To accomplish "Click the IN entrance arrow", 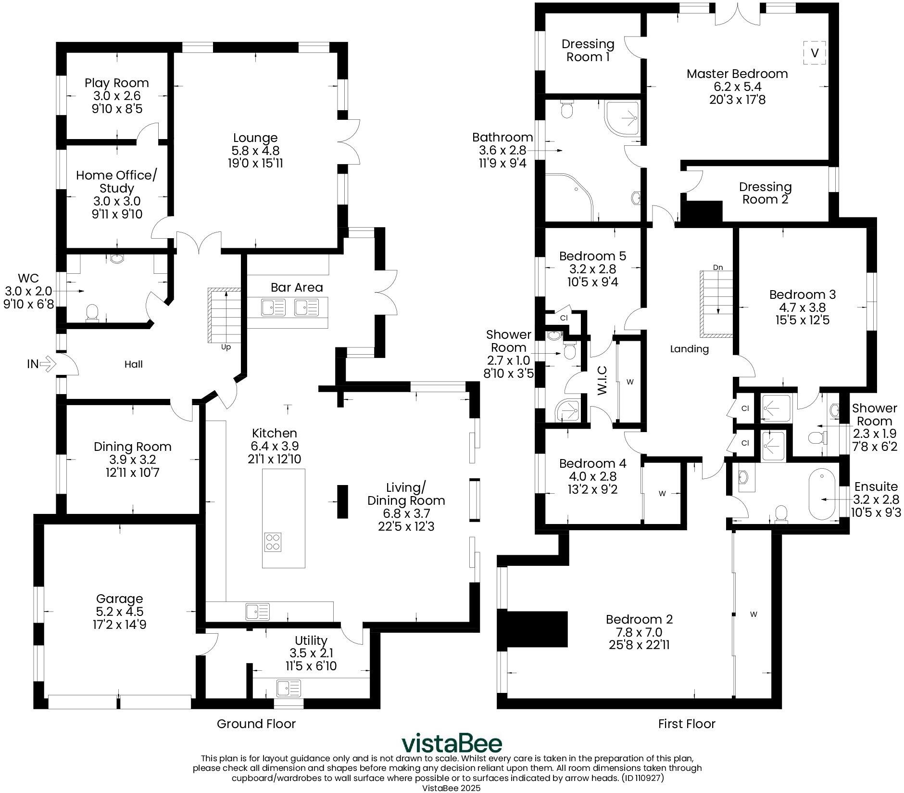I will click(x=47, y=364).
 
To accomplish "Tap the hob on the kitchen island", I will click(x=273, y=542).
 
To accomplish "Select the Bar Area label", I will click(x=297, y=287).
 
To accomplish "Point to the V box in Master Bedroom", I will click(x=814, y=52).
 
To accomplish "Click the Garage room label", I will click(x=119, y=599).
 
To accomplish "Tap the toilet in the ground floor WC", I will click(x=91, y=313).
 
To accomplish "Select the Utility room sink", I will click(x=289, y=686).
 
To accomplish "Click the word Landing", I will click(x=689, y=349).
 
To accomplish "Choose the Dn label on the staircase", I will click(x=718, y=267).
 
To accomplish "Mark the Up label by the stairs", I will click(x=226, y=347).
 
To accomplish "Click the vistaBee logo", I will click(x=452, y=743).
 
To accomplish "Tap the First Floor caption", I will click(x=686, y=724).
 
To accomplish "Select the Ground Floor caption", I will click(x=256, y=724).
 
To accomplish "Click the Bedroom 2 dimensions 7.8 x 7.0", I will click(x=639, y=632).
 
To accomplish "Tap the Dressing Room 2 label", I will click(x=765, y=193).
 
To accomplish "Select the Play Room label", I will click(x=117, y=83).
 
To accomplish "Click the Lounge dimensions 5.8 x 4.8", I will click(x=255, y=151).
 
